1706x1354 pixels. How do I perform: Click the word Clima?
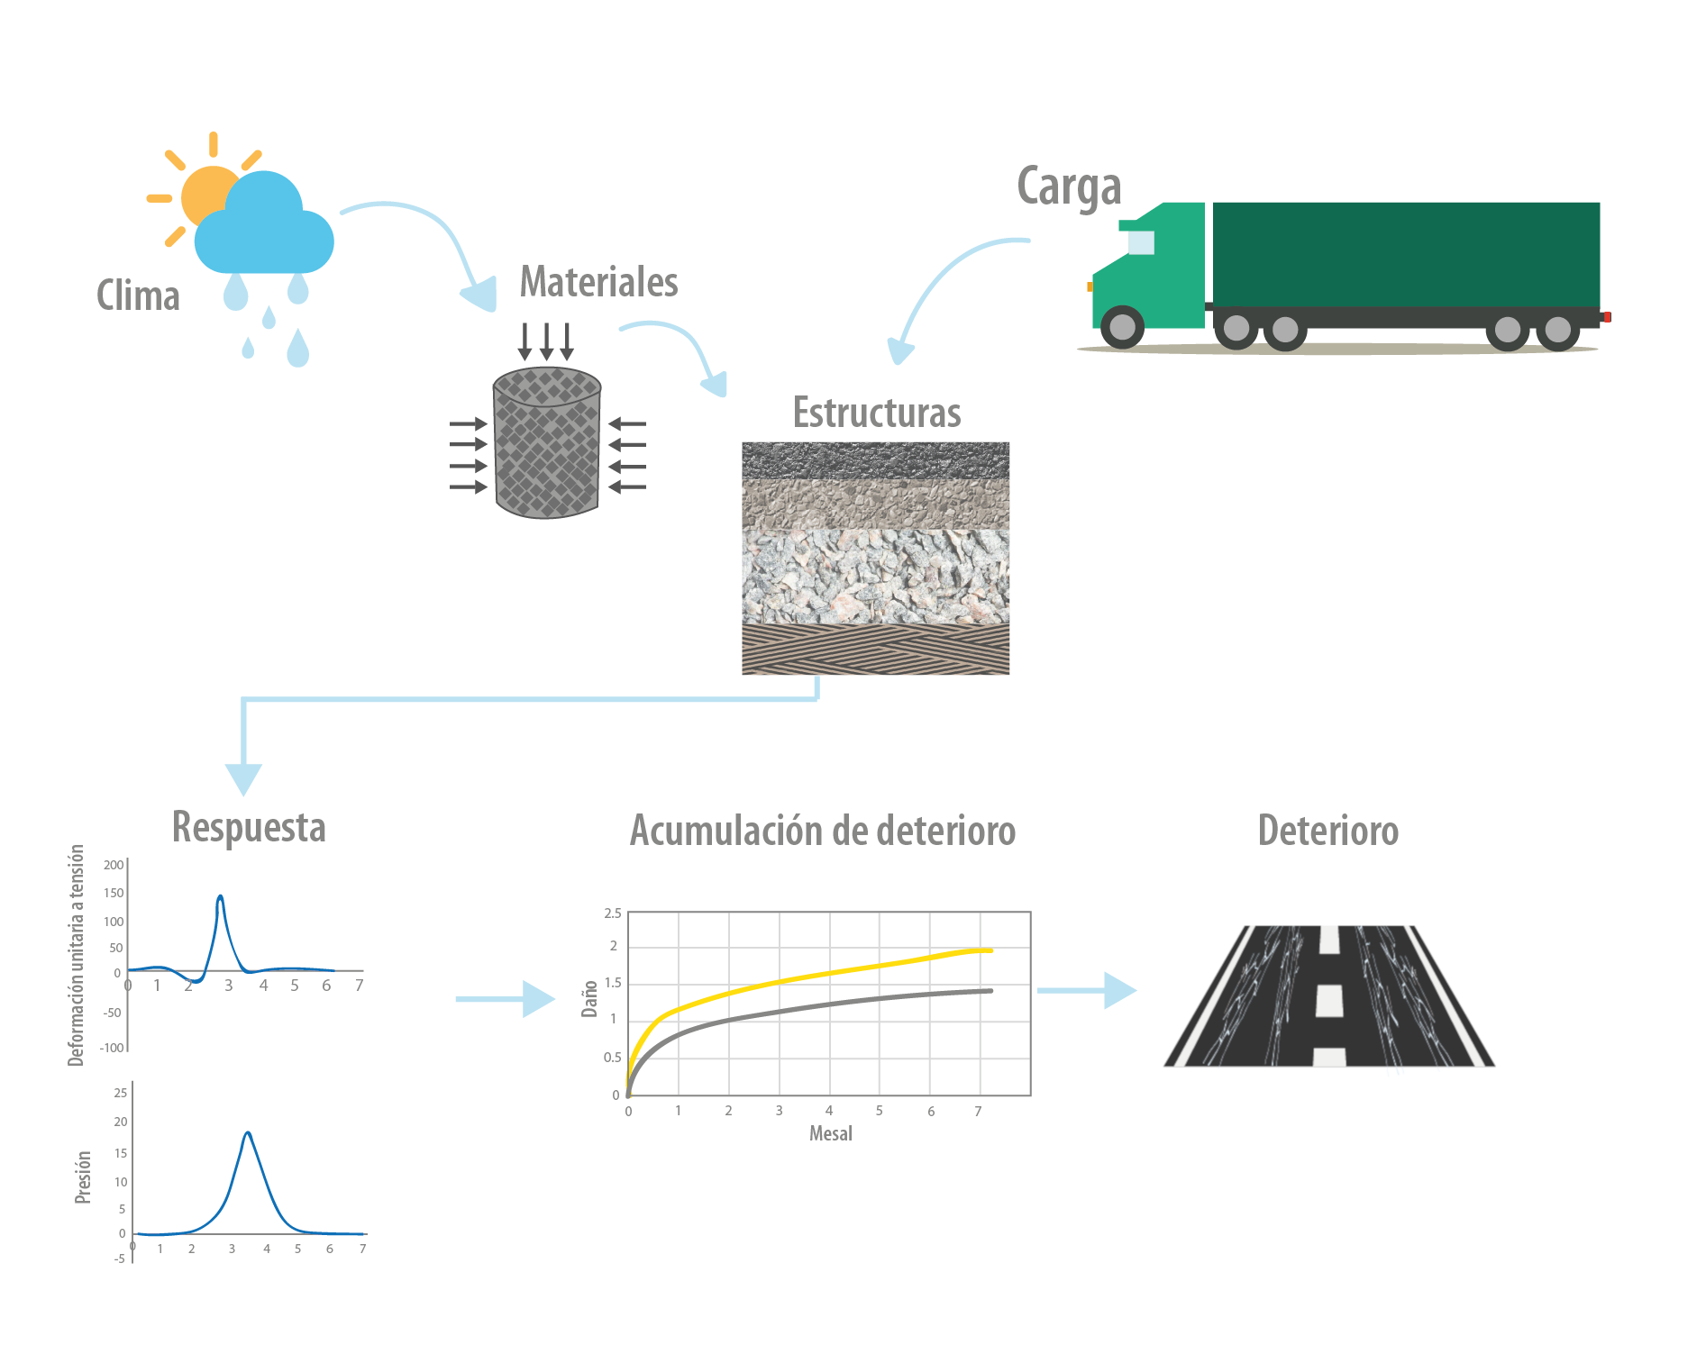(138, 295)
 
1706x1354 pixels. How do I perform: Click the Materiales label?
(598, 281)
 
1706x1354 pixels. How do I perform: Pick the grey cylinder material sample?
(547, 442)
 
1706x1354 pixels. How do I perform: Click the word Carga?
(1069, 187)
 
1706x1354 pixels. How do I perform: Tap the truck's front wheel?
(1123, 327)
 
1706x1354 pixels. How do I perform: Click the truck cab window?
(1141, 242)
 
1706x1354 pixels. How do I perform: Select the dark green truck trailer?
(1406, 254)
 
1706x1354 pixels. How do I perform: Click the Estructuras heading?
(877, 413)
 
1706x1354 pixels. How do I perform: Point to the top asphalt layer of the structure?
(875, 460)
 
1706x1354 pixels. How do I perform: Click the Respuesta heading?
(249, 827)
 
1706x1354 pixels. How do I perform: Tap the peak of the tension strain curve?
(221, 896)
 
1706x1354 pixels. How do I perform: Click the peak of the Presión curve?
(248, 1132)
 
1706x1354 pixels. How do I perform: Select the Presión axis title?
(83, 1177)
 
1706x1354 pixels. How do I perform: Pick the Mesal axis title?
(831, 1133)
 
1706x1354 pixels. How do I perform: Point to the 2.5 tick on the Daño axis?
(613, 913)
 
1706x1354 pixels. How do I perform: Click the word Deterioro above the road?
(1328, 831)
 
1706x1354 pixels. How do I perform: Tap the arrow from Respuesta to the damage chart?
(506, 999)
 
